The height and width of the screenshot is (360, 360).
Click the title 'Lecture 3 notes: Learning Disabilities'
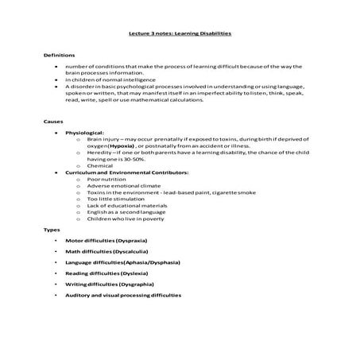(180, 35)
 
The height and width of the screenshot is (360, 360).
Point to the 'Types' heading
(51, 230)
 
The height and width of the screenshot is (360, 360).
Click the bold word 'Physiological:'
(85, 134)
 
